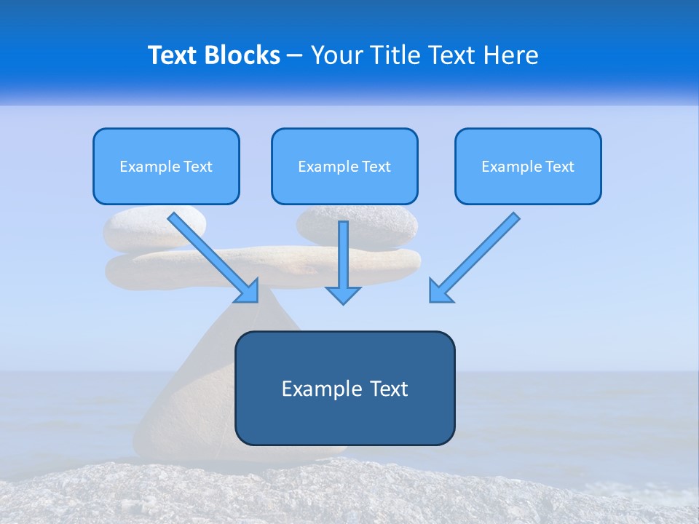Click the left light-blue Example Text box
[166, 166]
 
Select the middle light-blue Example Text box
[344, 166]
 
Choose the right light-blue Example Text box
[528, 166]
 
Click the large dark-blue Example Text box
[344, 388]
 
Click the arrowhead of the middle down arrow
[344, 294]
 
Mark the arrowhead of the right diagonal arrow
[438, 292]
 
